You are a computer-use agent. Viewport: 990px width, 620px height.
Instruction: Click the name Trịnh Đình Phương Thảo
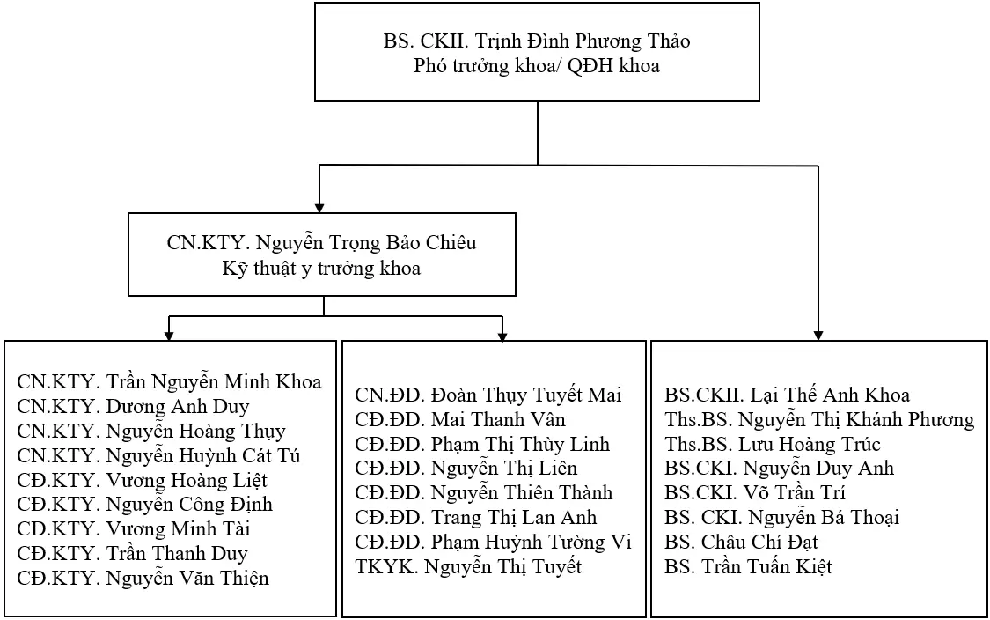pyautogui.click(x=582, y=41)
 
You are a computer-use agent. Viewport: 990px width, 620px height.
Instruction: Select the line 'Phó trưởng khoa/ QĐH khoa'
pyautogui.click(x=537, y=66)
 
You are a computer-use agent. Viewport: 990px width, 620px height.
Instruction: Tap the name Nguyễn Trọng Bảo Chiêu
pyautogui.click(x=366, y=243)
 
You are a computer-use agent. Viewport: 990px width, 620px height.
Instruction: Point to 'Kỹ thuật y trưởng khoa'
pyautogui.click(x=321, y=268)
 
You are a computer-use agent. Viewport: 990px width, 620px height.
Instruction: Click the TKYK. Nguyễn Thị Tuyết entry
pyautogui.click(x=468, y=567)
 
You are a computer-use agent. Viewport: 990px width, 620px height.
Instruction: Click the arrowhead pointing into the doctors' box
pyautogui.click(x=818, y=336)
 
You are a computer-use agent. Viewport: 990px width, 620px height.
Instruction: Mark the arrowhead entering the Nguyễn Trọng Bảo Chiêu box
pyautogui.click(x=319, y=208)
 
